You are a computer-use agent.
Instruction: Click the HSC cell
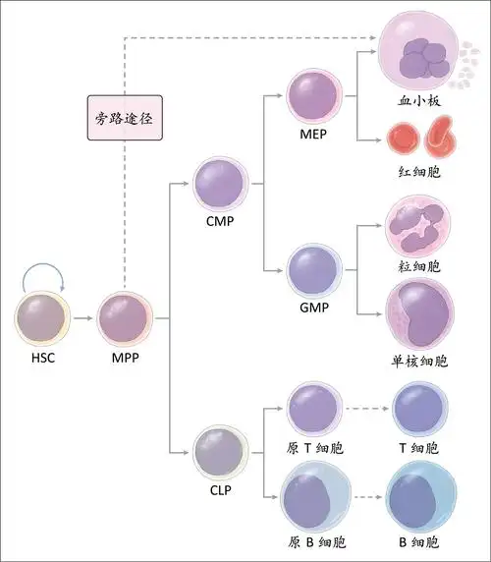coord(42,319)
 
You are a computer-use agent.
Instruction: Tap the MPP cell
coord(125,319)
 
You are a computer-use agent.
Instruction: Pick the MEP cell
coord(314,96)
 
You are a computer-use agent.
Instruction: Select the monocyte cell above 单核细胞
coord(419,312)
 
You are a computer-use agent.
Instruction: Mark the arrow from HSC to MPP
coord(83,319)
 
